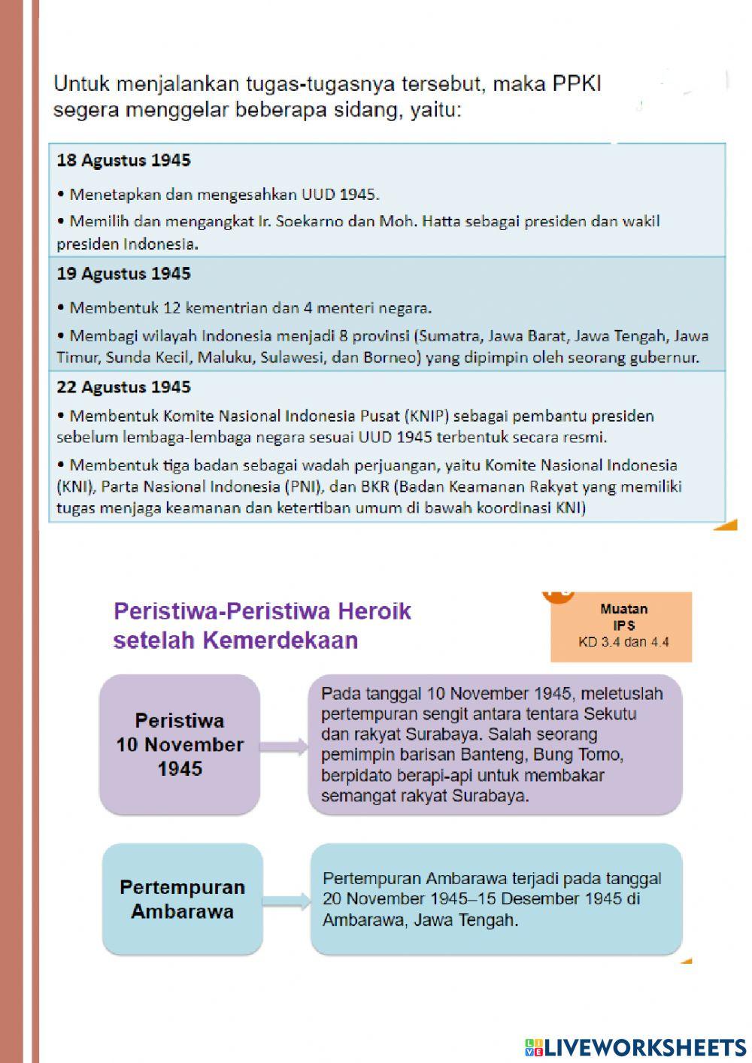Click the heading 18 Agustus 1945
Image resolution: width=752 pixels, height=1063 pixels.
[123, 160]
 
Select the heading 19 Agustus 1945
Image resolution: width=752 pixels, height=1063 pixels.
[123, 274]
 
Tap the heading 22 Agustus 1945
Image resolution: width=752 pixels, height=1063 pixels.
[123, 387]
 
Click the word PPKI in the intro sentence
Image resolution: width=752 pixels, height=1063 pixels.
[577, 83]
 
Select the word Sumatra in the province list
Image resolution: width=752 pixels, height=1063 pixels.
[450, 336]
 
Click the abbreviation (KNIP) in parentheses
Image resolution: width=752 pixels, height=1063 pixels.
[429, 416]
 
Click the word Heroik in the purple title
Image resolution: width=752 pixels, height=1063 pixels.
[374, 611]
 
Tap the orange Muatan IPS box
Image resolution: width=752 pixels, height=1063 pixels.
[621, 626]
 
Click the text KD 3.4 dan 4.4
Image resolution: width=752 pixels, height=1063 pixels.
[623, 642]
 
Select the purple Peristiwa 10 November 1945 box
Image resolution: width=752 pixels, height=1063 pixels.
[180, 744]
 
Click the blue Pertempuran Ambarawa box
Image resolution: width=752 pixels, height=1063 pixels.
[183, 899]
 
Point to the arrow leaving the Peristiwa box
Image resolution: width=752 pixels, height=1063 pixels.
[284, 747]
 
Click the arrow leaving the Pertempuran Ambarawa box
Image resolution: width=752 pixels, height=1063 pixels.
[287, 901]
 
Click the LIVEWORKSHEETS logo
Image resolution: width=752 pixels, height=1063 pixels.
[635, 1047]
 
